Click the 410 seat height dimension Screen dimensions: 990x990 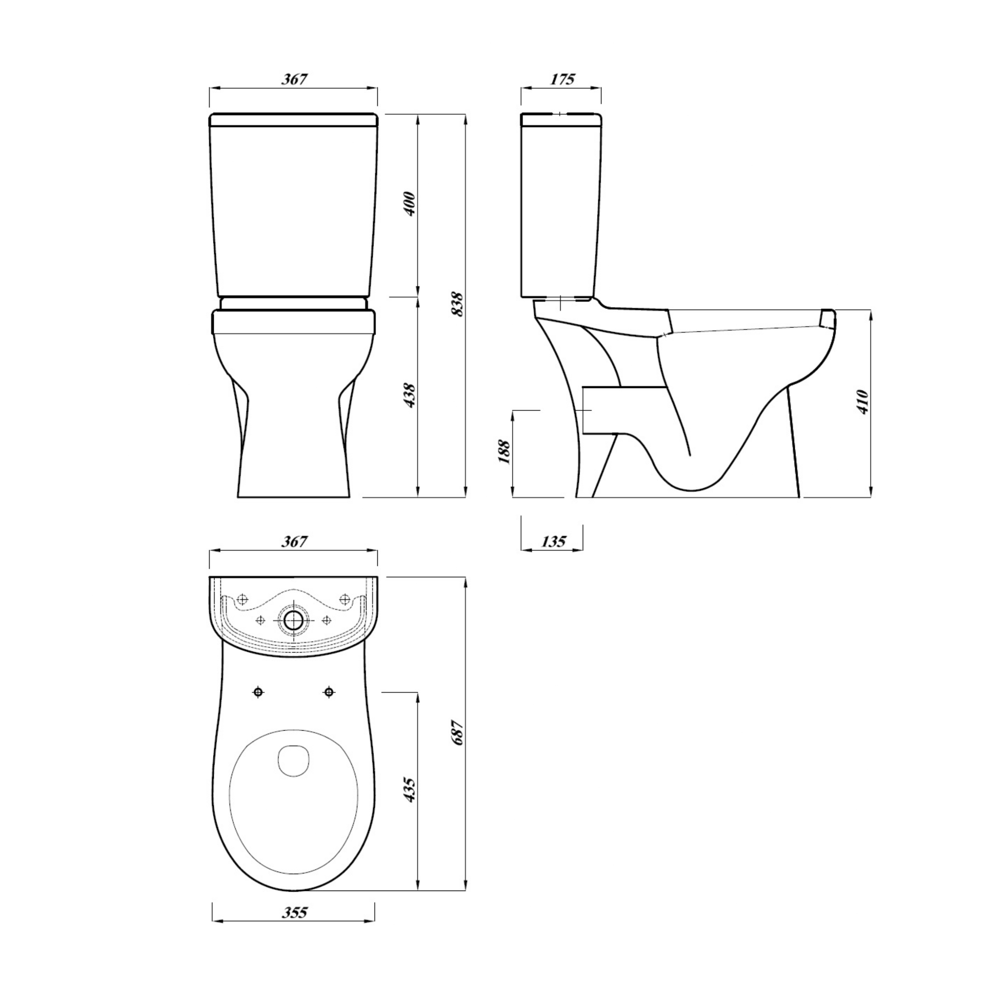pyautogui.click(x=862, y=402)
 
